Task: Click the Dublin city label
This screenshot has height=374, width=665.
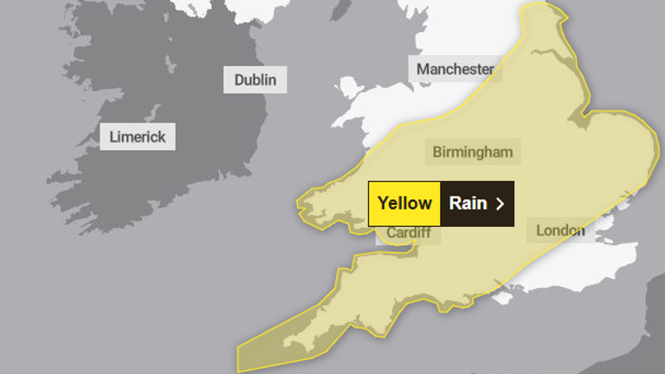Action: [x=255, y=81]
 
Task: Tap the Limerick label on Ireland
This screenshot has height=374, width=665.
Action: [x=138, y=137]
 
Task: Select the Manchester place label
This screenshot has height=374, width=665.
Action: [x=455, y=69]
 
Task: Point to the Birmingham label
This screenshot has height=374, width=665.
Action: [x=473, y=152]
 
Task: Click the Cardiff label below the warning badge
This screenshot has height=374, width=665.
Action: [x=408, y=233]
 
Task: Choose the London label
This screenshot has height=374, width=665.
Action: [x=559, y=230]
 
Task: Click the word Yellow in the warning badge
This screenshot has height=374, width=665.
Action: [x=404, y=203]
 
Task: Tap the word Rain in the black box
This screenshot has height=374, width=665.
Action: [x=468, y=203]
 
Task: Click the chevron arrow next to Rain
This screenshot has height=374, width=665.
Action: [x=500, y=204]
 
